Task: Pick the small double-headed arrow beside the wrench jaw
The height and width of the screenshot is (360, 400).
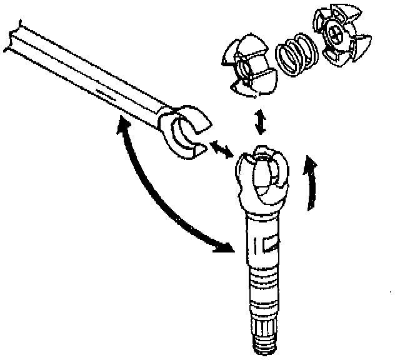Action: click(x=219, y=149)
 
